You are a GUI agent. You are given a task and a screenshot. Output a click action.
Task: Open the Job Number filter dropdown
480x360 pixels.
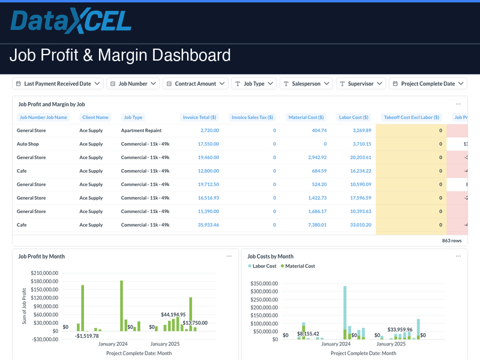point(133,84)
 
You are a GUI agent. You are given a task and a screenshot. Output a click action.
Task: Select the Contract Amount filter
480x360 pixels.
point(195,84)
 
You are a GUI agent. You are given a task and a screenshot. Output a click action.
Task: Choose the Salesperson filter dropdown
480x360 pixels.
point(306,84)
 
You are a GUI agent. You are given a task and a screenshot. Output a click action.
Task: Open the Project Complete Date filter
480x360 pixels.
point(428,84)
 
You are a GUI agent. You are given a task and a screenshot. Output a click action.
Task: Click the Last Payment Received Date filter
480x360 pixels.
point(58,84)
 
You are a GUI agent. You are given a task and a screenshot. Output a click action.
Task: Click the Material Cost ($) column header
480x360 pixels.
point(306,118)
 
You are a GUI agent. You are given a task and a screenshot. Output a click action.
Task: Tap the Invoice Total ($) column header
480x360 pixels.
point(199,118)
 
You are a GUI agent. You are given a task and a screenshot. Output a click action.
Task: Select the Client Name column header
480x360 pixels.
point(95,118)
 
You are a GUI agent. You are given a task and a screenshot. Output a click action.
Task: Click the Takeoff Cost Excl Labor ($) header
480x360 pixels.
point(412,118)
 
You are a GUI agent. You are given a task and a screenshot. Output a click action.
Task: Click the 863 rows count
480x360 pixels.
point(452,240)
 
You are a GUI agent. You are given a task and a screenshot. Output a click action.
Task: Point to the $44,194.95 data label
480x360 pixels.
point(173,314)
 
